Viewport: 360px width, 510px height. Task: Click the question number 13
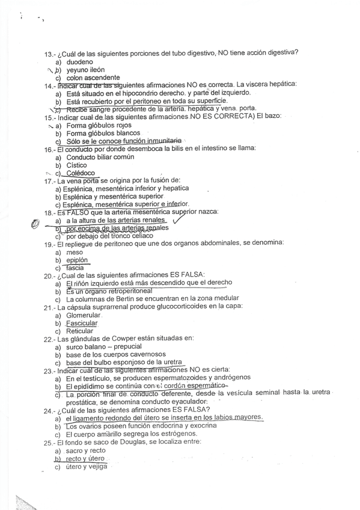49,54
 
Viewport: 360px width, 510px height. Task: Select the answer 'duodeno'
79,62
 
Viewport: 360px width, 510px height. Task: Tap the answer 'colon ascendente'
91,78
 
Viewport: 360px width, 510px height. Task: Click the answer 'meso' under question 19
75,252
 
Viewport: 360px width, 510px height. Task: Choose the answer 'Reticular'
80,331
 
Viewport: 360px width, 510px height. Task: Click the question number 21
49,307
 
